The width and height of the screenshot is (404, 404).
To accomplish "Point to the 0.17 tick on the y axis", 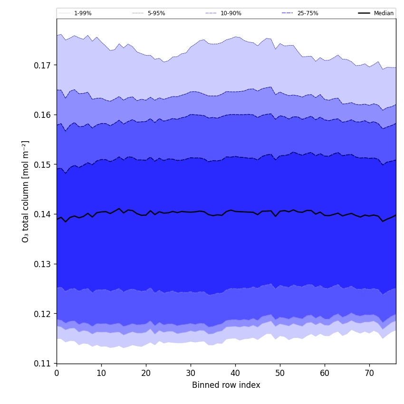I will pyautogui.click(x=43, y=65).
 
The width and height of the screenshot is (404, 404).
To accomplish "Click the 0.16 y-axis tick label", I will pyautogui.click(x=43, y=115).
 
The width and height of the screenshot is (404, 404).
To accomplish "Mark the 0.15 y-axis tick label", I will pyautogui.click(x=43, y=164).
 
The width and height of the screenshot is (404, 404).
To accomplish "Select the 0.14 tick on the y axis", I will pyautogui.click(x=43, y=214).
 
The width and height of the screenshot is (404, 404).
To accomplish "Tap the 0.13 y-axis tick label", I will pyautogui.click(x=43, y=264).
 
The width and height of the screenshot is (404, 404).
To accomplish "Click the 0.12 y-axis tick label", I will pyautogui.click(x=43, y=314).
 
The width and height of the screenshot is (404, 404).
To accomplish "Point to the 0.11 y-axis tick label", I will pyautogui.click(x=43, y=364).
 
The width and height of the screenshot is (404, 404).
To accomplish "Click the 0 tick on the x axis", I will pyautogui.click(x=57, y=373).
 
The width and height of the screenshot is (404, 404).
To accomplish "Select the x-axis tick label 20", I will pyautogui.click(x=146, y=373).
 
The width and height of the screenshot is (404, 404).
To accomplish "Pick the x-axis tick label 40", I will pyautogui.click(x=235, y=373).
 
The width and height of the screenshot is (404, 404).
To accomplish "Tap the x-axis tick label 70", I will pyautogui.click(x=369, y=373).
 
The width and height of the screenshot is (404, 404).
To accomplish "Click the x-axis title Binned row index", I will pyautogui.click(x=226, y=385).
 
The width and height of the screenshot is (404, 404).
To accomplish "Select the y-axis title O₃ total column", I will pyautogui.click(x=26, y=191).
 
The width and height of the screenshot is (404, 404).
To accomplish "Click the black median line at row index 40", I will pyautogui.click(x=235, y=211).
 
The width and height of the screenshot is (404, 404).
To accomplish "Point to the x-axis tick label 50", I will pyautogui.click(x=280, y=373).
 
